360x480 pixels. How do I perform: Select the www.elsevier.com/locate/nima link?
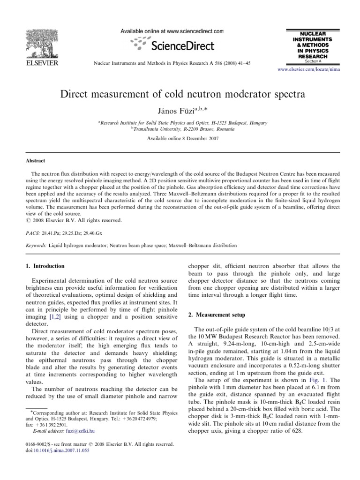click(x=308, y=68)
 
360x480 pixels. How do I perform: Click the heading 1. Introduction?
click(x=45, y=266)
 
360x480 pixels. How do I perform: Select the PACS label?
click(x=32, y=232)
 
